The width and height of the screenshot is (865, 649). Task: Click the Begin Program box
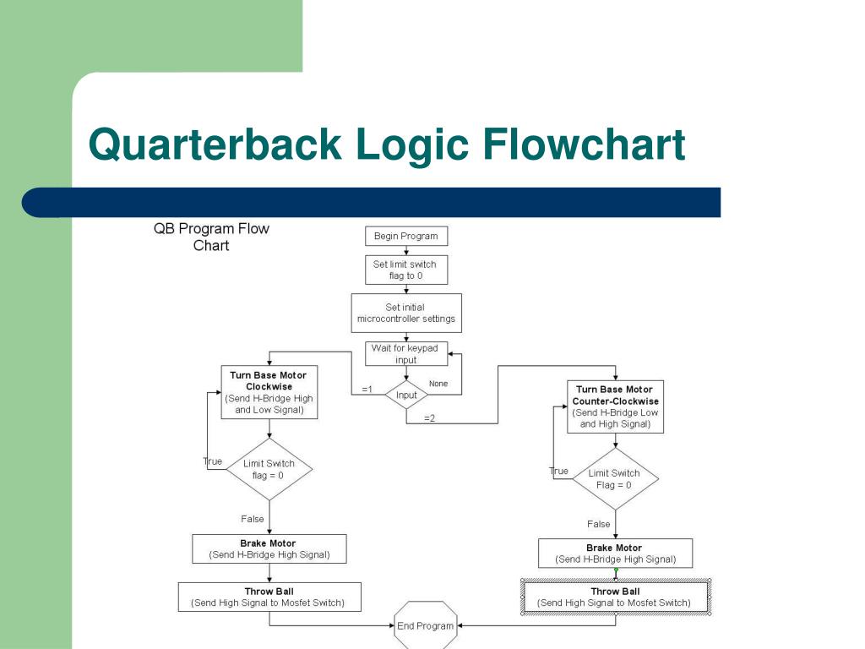click(x=405, y=236)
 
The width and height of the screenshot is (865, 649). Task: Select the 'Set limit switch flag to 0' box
click(x=405, y=270)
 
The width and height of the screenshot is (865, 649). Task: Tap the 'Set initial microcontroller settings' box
click(x=405, y=313)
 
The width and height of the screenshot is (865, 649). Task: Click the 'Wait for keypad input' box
click(x=405, y=353)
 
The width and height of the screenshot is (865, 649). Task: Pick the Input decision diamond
click(x=406, y=395)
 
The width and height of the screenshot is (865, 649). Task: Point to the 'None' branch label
click(x=438, y=384)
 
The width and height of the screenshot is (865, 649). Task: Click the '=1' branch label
click(x=367, y=390)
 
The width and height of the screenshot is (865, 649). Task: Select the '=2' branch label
click(x=429, y=418)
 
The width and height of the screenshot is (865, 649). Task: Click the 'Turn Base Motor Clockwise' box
click(x=269, y=392)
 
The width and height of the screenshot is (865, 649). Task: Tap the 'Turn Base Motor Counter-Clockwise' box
click(x=615, y=406)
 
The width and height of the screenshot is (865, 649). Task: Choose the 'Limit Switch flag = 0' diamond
click(x=269, y=469)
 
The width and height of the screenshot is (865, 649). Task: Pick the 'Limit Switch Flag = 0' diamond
click(x=614, y=479)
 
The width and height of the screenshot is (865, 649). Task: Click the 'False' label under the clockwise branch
click(x=253, y=519)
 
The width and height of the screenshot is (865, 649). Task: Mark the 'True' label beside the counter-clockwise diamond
click(x=558, y=471)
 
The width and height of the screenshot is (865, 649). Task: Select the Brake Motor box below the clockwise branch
click(x=269, y=549)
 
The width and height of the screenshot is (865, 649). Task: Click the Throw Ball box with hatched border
click(x=615, y=597)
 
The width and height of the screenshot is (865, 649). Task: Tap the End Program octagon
click(x=426, y=626)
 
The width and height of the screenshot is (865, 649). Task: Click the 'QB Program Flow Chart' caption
click(x=211, y=237)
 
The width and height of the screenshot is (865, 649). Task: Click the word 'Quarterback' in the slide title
click(x=215, y=145)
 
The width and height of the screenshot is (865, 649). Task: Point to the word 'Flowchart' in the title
click(x=585, y=145)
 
